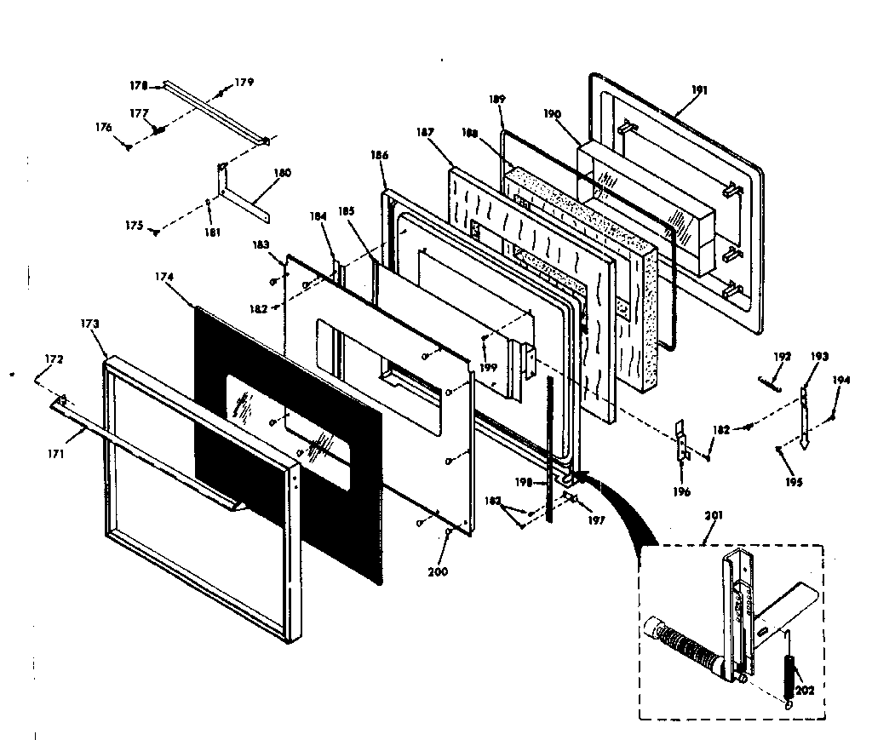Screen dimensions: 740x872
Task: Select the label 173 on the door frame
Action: click(90, 324)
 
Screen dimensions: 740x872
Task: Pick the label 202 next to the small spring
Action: click(805, 690)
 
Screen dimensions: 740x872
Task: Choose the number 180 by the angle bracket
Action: click(282, 172)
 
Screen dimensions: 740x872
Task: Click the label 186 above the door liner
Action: click(380, 155)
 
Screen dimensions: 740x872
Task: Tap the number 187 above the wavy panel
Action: click(425, 133)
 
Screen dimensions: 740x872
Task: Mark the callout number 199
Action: click(488, 368)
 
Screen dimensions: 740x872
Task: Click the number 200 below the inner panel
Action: click(439, 571)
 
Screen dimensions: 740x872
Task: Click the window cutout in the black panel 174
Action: click(290, 430)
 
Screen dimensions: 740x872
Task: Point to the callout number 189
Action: click(497, 100)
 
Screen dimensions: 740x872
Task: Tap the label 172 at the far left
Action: click(54, 361)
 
